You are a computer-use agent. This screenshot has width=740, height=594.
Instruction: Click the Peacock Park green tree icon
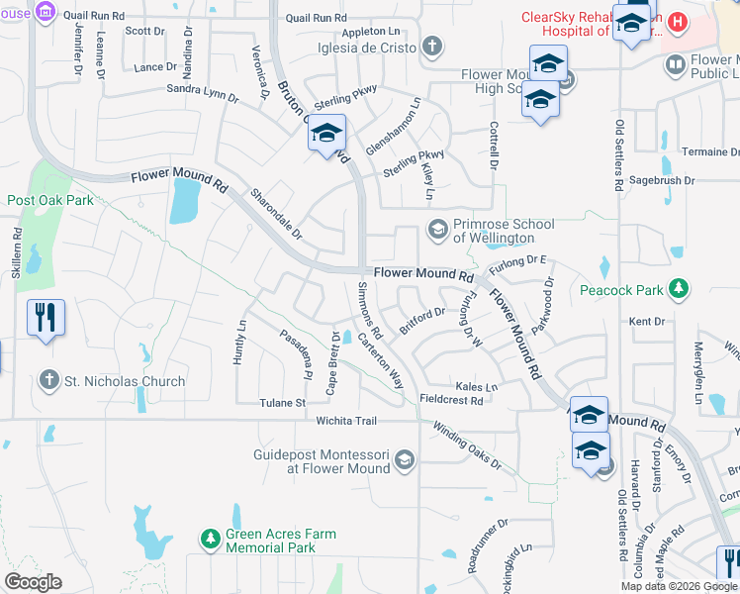click(x=678, y=288)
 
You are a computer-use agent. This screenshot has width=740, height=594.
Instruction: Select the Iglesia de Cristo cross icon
click(x=431, y=46)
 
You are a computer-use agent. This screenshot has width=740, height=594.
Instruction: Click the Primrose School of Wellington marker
click(x=436, y=230)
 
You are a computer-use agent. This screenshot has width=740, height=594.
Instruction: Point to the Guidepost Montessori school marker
click(x=404, y=459)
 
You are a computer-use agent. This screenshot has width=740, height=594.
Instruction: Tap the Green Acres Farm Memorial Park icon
click(x=209, y=540)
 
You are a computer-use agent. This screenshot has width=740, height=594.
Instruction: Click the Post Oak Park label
click(x=50, y=200)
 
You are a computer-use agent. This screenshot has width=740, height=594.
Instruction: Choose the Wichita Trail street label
click(x=347, y=421)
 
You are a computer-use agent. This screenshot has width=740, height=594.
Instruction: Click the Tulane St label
click(x=283, y=403)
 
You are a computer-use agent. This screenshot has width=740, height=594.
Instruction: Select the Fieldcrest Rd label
click(x=450, y=401)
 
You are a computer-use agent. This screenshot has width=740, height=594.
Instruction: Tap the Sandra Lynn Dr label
click(x=203, y=93)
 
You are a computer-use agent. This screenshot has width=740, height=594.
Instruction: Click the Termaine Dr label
click(x=710, y=151)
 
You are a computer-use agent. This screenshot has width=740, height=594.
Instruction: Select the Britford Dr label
click(x=421, y=321)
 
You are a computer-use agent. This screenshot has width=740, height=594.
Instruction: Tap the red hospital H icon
click(x=678, y=21)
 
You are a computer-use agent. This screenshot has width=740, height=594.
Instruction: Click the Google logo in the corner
click(x=33, y=582)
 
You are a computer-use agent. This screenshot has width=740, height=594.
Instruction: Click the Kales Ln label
click(x=475, y=386)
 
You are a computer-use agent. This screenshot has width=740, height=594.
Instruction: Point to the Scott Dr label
click(x=144, y=31)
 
